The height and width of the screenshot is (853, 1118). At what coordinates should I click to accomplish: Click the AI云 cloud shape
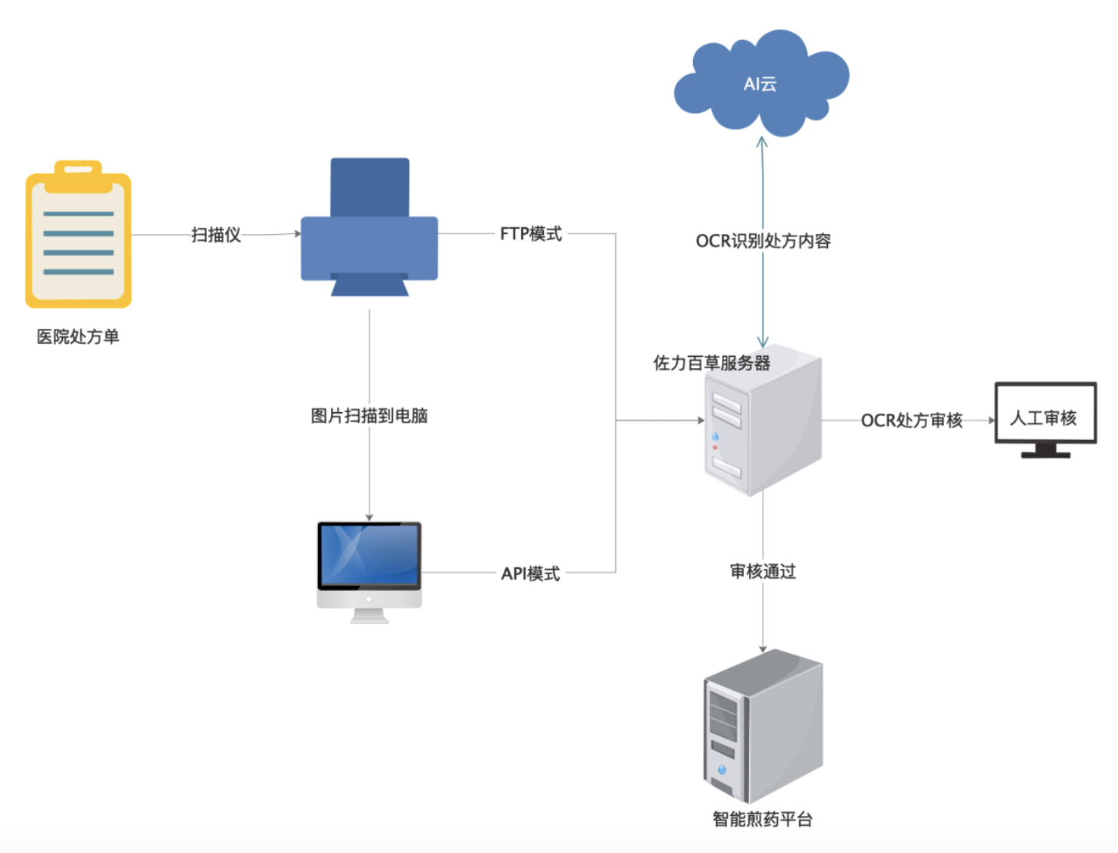pyautogui.click(x=760, y=83)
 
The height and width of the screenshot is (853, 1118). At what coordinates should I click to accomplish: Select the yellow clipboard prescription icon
pyautogui.click(x=78, y=239)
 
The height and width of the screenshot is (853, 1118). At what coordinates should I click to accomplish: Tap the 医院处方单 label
pyautogui.click(x=78, y=336)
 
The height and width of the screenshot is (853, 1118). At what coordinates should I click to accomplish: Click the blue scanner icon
pyautogui.click(x=370, y=227)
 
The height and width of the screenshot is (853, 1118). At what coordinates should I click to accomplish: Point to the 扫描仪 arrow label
pyautogui.click(x=216, y=235)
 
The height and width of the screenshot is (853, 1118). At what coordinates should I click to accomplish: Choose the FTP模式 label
pyautogui.click(x=531, y=234)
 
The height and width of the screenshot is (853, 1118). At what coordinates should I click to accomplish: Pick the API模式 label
pyautogui.click(x=531, y=573)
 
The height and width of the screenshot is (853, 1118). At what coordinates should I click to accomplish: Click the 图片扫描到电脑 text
pyautogui.click(x=370, y=415)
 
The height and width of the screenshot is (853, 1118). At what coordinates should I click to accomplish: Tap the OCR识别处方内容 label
pyautogui.click(x=764, y=241)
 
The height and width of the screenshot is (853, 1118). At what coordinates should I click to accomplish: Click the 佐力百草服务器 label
pyautogui.click(x=712, y=363)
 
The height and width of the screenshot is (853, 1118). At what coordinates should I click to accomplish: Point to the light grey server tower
pyautogui.click(x=764, y=424)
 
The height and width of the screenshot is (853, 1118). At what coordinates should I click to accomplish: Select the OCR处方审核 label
pyautogui.click(x=912, y=420)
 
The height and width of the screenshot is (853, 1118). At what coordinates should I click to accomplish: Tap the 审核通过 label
pyautogui.click(x=764, y=571)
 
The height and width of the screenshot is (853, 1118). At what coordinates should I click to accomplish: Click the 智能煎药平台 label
pyautogui.click(x=763, y=819)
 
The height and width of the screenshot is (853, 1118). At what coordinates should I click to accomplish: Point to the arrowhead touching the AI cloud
pyautogui.click(x=762, y=141)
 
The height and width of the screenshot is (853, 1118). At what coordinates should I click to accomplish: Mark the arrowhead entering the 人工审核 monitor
pyautogui.click(x=992, y=420)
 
